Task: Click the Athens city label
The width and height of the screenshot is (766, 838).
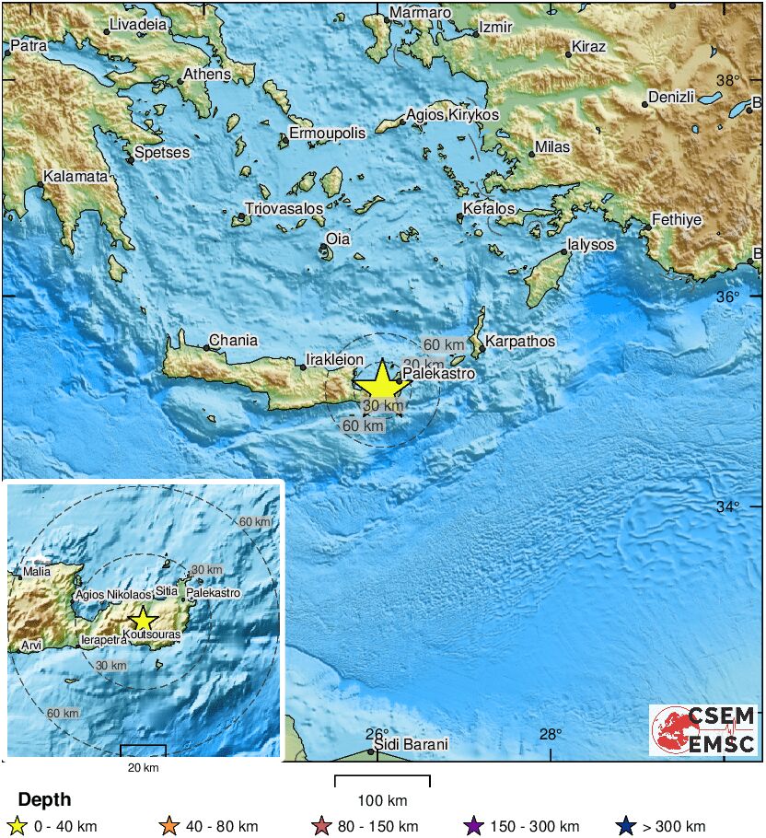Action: point(206,74)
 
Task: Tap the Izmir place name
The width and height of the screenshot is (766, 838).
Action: point(494,28)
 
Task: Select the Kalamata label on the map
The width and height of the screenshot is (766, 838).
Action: point(76,176)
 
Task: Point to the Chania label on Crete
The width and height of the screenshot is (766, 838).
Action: point(233,341)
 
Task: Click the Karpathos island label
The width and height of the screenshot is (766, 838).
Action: point(520,342)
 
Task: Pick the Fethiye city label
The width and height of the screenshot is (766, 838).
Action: point(678,220)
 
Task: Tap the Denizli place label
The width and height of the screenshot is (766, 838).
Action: point(674,97)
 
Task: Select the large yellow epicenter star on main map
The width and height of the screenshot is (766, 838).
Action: point(379,382)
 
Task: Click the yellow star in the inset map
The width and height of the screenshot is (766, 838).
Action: point(142,619)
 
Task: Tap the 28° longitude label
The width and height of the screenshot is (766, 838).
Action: point(551,734)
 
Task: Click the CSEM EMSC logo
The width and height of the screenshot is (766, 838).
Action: point(703,730)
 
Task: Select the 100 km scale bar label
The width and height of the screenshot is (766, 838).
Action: point(382,800)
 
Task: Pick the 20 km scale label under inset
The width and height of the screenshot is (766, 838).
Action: point(143,767)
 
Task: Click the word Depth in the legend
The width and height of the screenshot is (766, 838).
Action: point(44,799)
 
